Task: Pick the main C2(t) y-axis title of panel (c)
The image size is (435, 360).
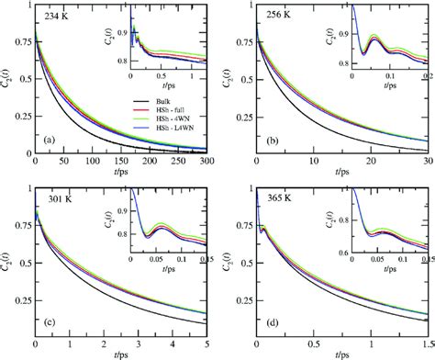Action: click(x=8, y=261)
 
